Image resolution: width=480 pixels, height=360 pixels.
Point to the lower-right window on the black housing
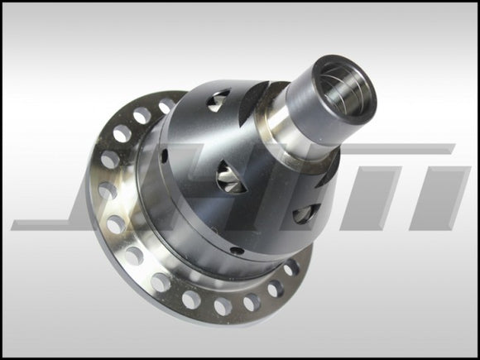click(x=304, y=213)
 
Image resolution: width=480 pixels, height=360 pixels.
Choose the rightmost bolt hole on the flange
click(x=290, y=268)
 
